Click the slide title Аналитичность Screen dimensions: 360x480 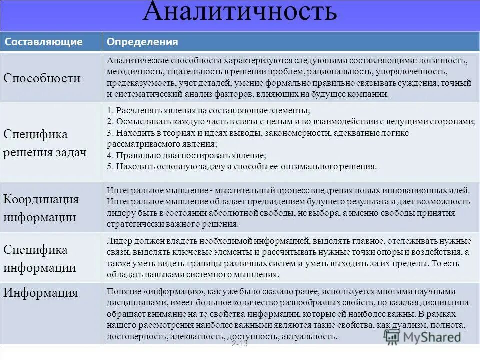click(x=239, y=13)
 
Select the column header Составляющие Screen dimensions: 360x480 click(x=44, y=42)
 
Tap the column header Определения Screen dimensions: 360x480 click(x=142, y=42)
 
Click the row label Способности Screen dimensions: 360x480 click(x=42, y=78)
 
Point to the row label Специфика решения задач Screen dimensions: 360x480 click(x=45, y=143)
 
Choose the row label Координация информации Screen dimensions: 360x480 click(x=41, y=208)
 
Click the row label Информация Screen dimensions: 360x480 click(x=41, y=293)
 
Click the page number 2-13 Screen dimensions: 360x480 click(x=240, y=344)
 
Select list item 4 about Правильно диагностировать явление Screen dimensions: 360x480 click(x=187, y=155)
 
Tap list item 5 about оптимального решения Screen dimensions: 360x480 click(x=242, y=166)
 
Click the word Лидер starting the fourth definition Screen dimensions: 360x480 click(x=118, y=241)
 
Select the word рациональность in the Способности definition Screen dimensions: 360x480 click(x=337, y=72)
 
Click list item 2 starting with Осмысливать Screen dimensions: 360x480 click(x=290, y=122)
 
